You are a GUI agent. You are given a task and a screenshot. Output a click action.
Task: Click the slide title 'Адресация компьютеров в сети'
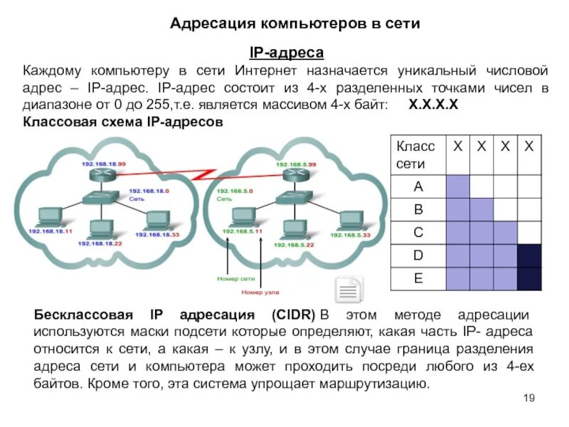(295, 24)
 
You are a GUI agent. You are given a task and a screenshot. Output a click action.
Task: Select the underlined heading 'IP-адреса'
(286, 53)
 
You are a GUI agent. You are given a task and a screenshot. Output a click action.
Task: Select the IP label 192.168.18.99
(104, 163)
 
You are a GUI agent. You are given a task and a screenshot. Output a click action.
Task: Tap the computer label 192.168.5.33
(349, 234)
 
